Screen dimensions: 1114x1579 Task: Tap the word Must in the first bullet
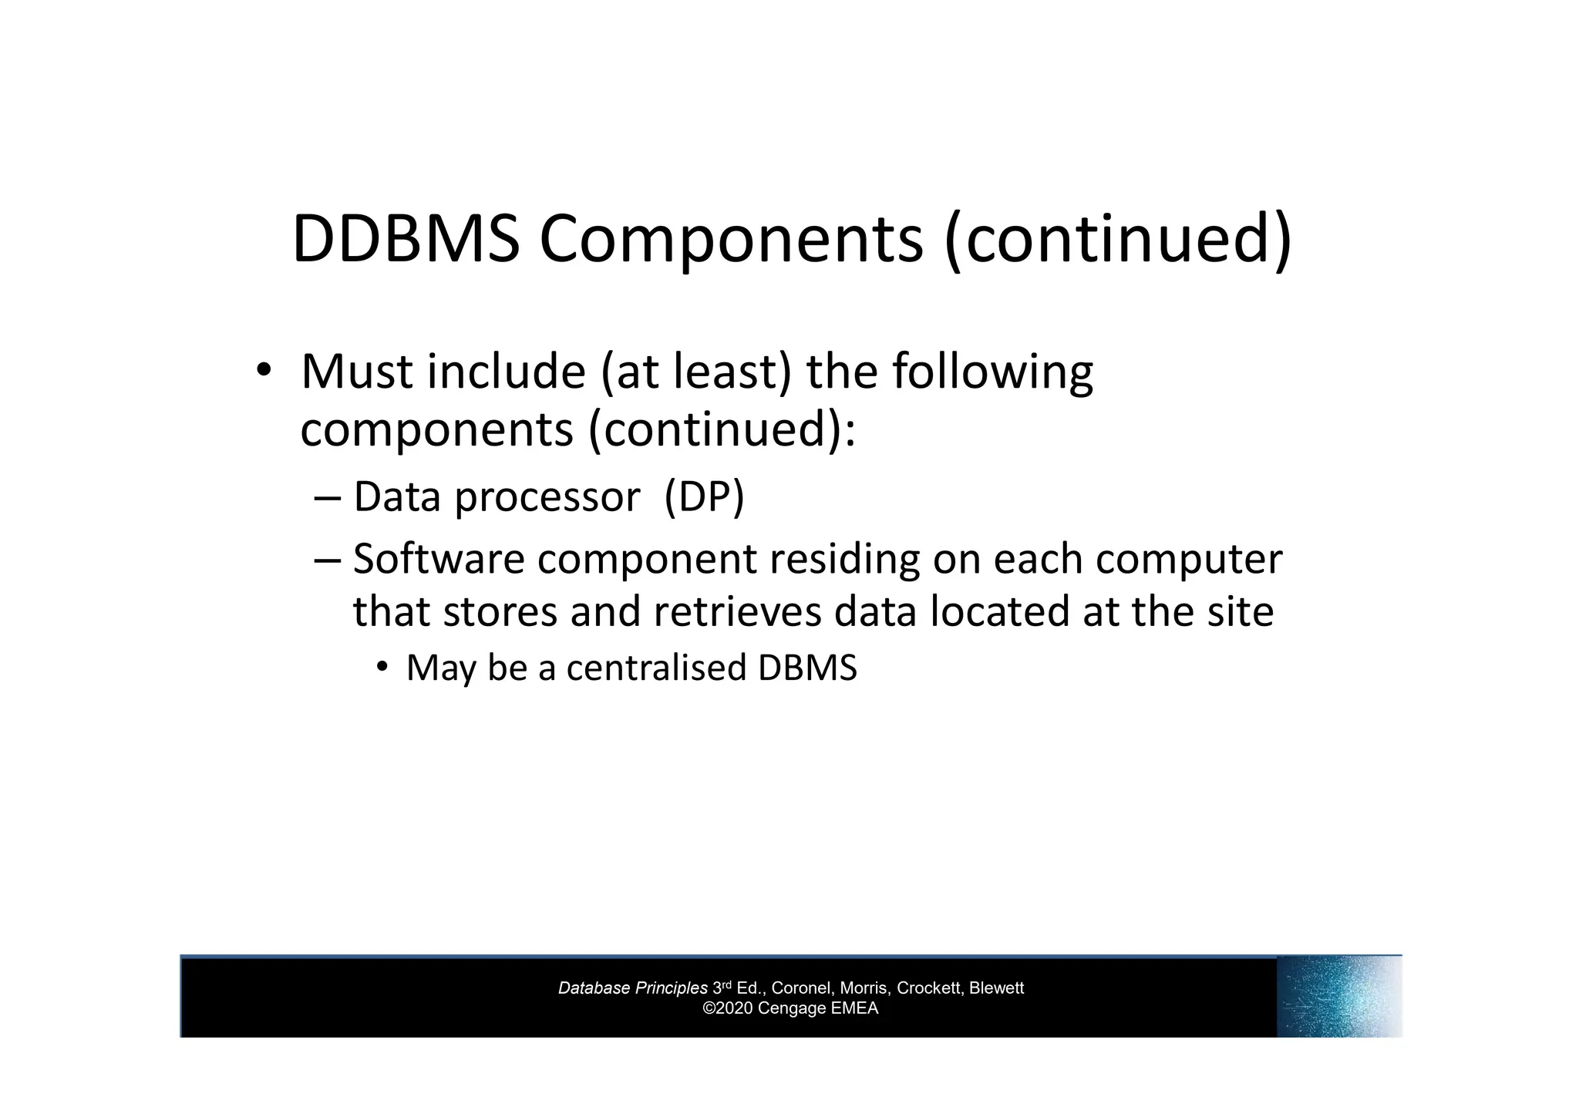click(357, 372)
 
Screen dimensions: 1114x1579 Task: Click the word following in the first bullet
click(992, 373)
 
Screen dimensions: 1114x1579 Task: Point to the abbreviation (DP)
click(704, 496)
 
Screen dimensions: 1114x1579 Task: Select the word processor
click(547, 498)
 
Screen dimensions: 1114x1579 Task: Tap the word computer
click(1189, 560)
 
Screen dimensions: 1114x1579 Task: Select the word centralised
click(656, 668)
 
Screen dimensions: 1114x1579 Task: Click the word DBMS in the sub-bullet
click(807, 668)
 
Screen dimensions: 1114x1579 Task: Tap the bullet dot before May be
click(382, 668)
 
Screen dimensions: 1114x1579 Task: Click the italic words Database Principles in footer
click(632, 988)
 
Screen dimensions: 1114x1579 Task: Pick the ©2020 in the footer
click(729, 1008)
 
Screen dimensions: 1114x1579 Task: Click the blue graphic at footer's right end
click(1338, 997)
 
